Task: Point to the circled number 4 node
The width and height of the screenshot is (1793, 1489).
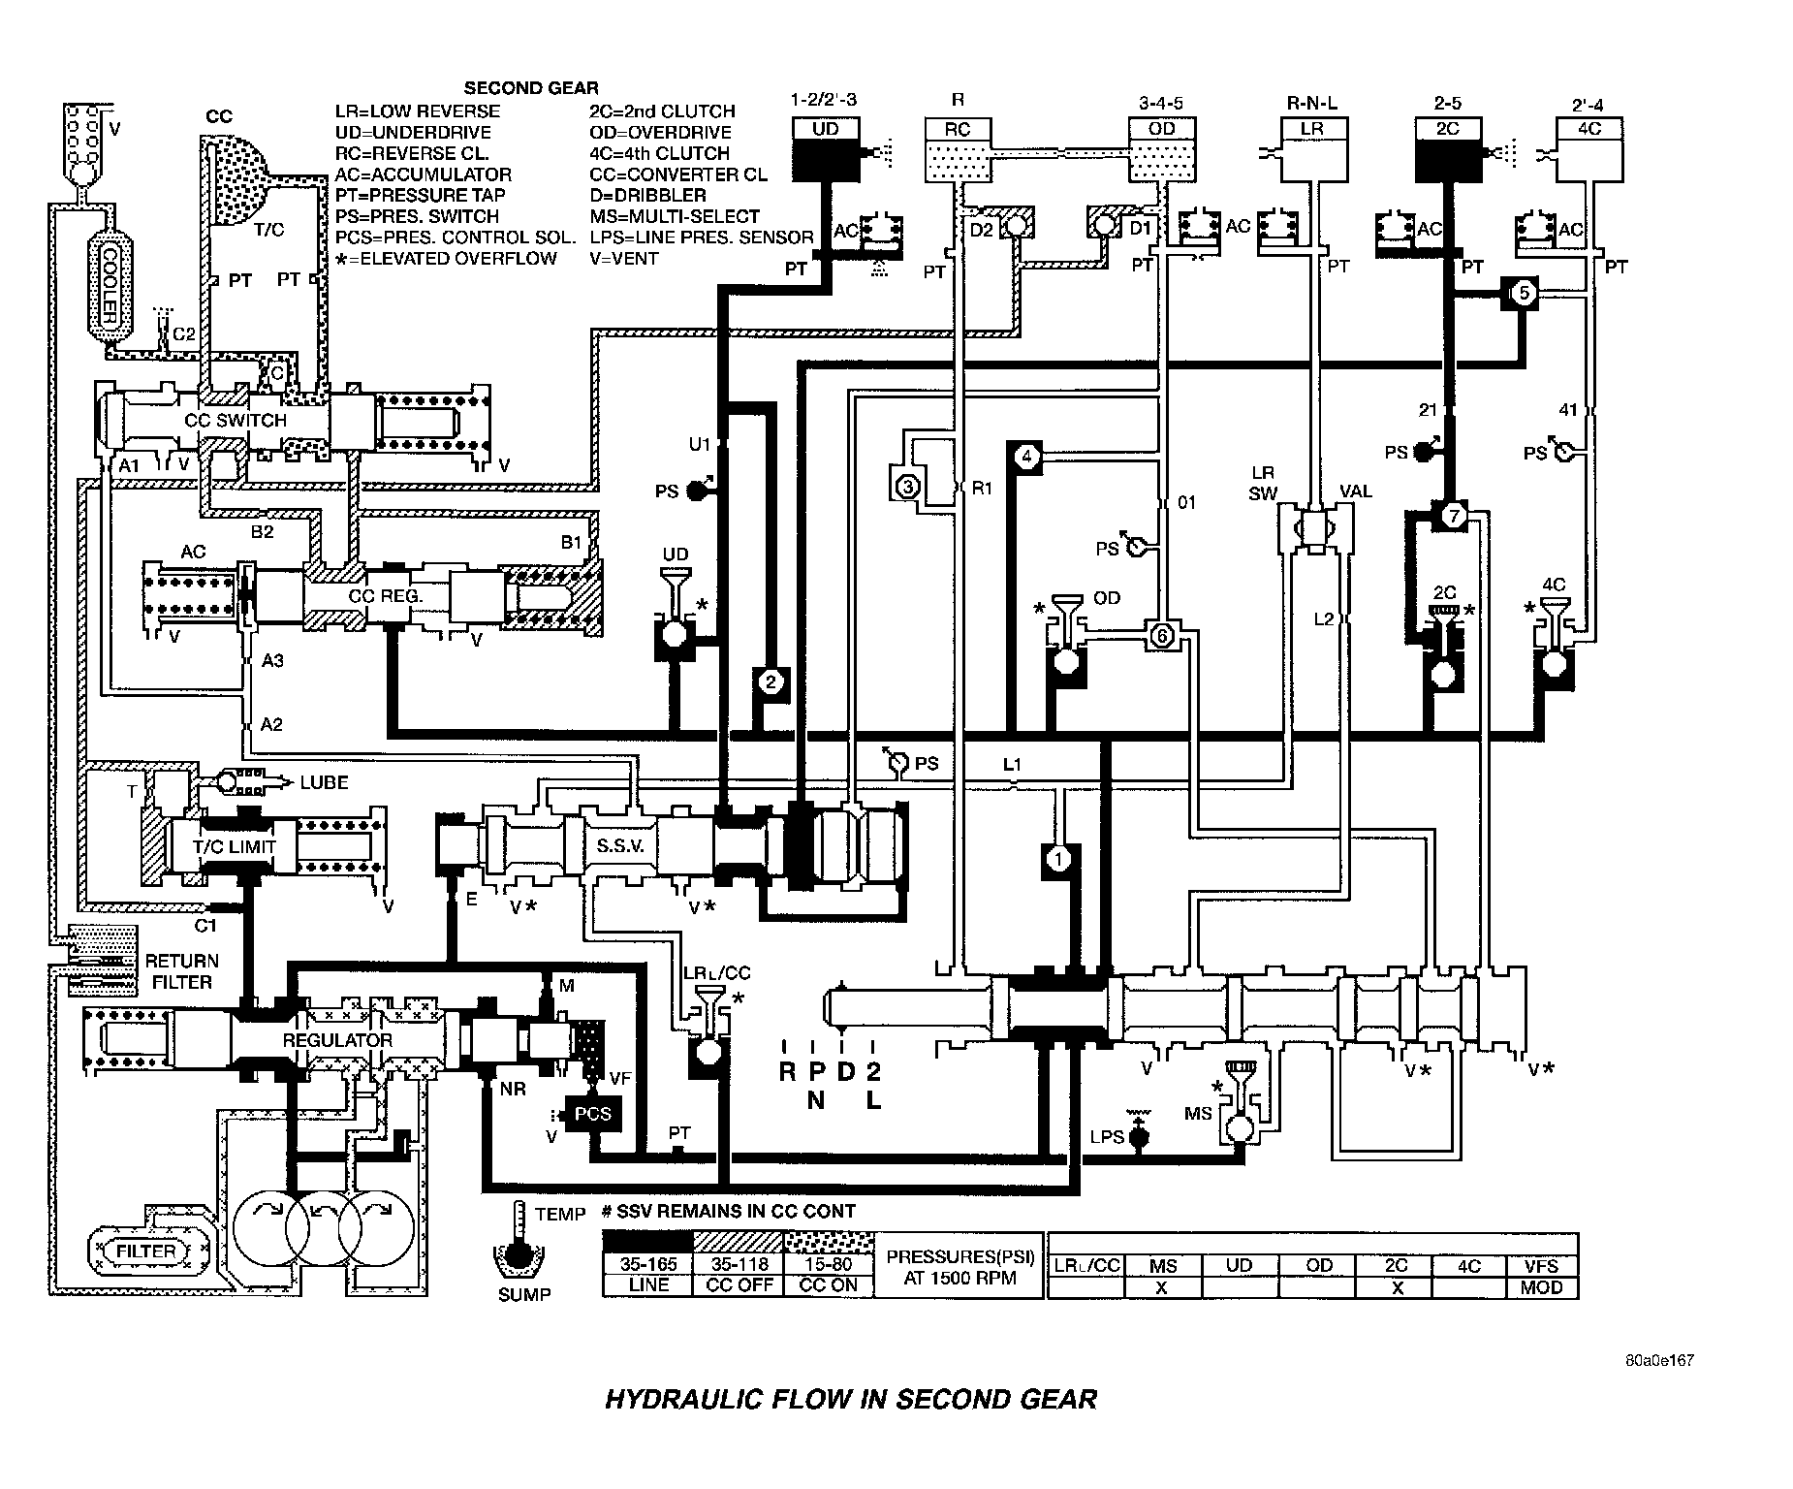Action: [x=1027, y=457]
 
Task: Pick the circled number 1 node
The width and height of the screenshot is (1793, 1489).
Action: [x=1058, y=859]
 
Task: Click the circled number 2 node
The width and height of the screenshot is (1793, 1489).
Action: [x=771, y=682]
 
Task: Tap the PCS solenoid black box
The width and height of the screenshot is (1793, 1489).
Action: [x=593, y=1114]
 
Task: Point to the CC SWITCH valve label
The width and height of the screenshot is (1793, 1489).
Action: [x=237, y=421]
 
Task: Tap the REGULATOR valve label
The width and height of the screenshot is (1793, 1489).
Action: [x=336, y=1040]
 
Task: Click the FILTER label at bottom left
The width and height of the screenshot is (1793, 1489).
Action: [x=146, y=1251]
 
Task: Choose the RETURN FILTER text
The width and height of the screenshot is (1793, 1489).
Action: [x=182, y=971]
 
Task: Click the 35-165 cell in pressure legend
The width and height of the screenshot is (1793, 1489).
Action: [x=648, y=1265]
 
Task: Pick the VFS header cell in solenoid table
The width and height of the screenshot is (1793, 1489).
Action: [x=1541, y=1265]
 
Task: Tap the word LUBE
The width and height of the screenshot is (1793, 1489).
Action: [x=324, y=782]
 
